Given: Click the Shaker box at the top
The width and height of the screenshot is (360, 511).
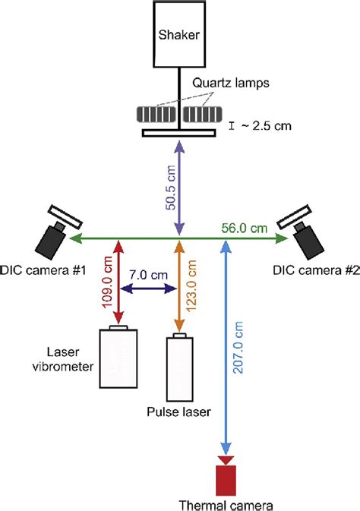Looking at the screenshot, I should click(180, 35).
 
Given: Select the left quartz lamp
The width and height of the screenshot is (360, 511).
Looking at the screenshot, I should click(156, 115).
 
